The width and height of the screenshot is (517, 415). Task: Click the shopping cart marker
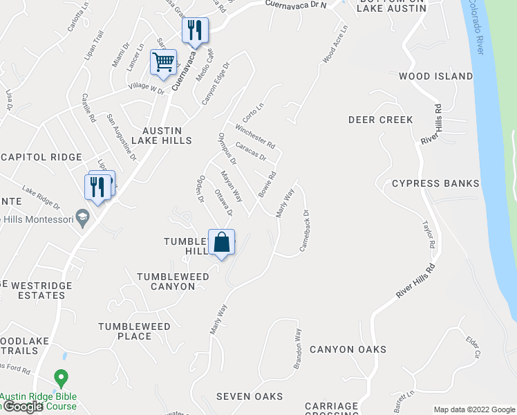point(163,62)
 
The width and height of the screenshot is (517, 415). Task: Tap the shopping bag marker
point(221,243)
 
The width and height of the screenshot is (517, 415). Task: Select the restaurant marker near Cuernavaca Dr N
point(195,30)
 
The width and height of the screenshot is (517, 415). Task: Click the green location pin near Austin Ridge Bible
point(61,379)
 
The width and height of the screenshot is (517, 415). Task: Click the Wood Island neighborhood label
point(435,76)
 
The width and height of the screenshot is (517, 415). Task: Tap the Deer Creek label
point(380,120)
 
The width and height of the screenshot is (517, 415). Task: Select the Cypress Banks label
point(435,183)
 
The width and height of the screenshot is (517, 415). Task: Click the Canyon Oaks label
point(348,349)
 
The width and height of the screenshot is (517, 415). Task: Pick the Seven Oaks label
point(250,396)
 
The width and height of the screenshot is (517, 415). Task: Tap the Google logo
point(23,407)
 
